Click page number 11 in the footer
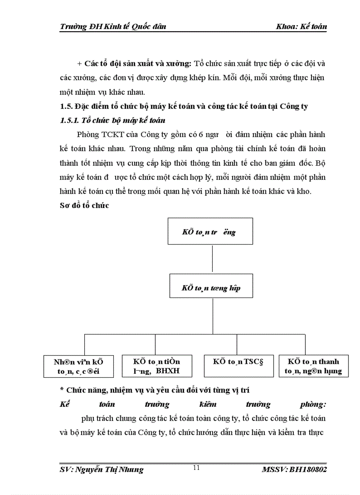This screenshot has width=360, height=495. (196, 468)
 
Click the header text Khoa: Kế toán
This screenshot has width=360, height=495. (301, 26)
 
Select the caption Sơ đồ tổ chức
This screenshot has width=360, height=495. (84, 205)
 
